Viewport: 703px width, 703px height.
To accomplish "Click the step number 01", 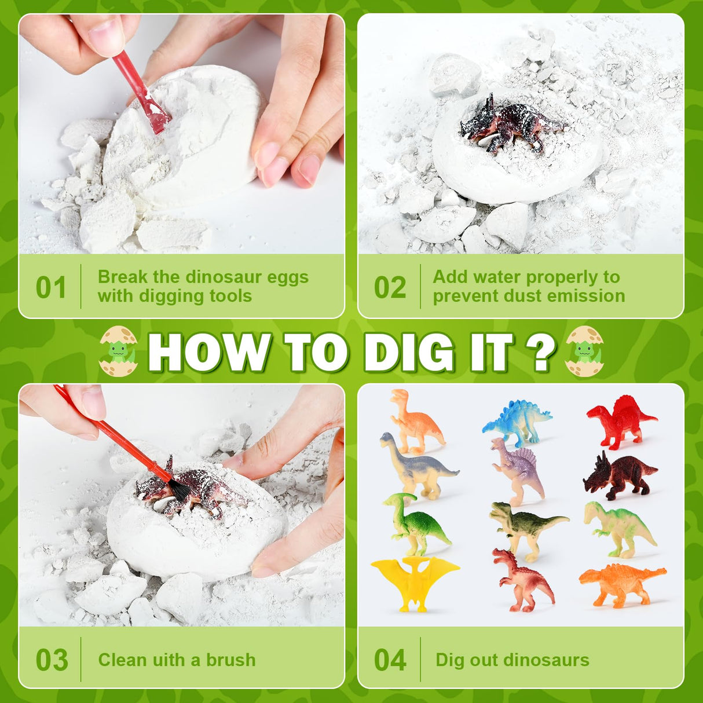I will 51,288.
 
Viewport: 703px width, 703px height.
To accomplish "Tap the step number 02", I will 390,288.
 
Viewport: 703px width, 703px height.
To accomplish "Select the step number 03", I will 52,660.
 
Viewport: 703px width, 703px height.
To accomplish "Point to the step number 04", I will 390,660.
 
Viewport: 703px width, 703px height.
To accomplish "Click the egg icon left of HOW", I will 119,351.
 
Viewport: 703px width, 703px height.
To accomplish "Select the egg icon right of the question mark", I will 584,351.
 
